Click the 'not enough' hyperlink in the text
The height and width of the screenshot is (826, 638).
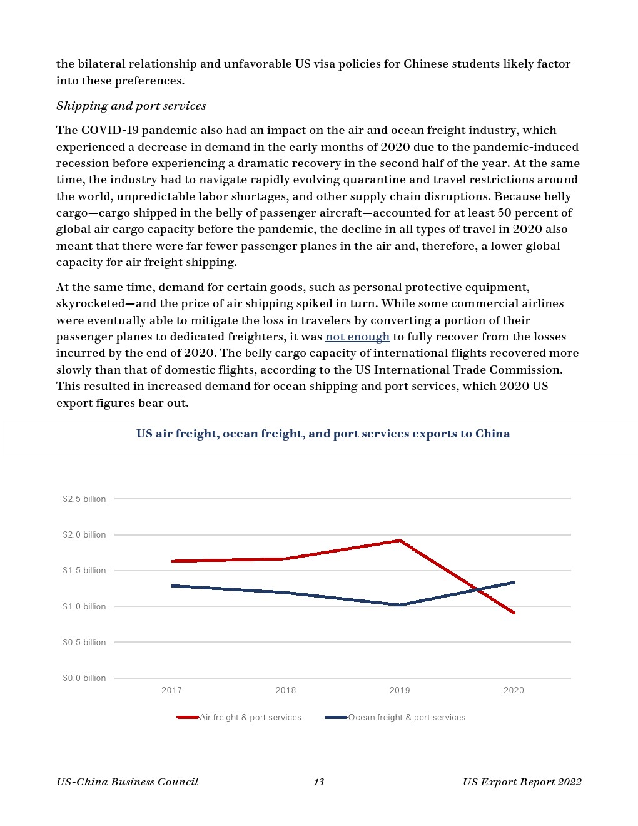point(357,337)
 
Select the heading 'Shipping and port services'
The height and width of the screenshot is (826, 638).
point(131,106)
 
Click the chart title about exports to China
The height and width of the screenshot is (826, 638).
point(323,434)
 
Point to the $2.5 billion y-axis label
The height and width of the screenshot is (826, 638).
point(84,499)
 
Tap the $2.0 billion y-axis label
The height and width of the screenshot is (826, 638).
point(84,535)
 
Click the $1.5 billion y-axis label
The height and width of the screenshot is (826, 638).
point(84,571)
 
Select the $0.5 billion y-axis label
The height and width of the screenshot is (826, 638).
point(84,643)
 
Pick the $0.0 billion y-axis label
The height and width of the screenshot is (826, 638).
point(84,678)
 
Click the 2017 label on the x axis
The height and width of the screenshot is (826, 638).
point(171,691)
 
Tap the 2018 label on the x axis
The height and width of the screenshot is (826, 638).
point(286,691)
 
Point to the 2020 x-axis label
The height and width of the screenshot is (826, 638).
point(514,691)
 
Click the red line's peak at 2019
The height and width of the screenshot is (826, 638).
point(400,540)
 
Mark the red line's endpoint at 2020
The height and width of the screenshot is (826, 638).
point(514,613)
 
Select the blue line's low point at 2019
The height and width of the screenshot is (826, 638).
point(400,605)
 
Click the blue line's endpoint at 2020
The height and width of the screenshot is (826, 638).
point(514,583)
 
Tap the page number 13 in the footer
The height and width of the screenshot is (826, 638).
point(319,782)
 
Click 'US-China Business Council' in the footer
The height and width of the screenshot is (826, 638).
point(127,782)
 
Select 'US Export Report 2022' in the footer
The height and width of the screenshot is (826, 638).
point(522,782)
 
